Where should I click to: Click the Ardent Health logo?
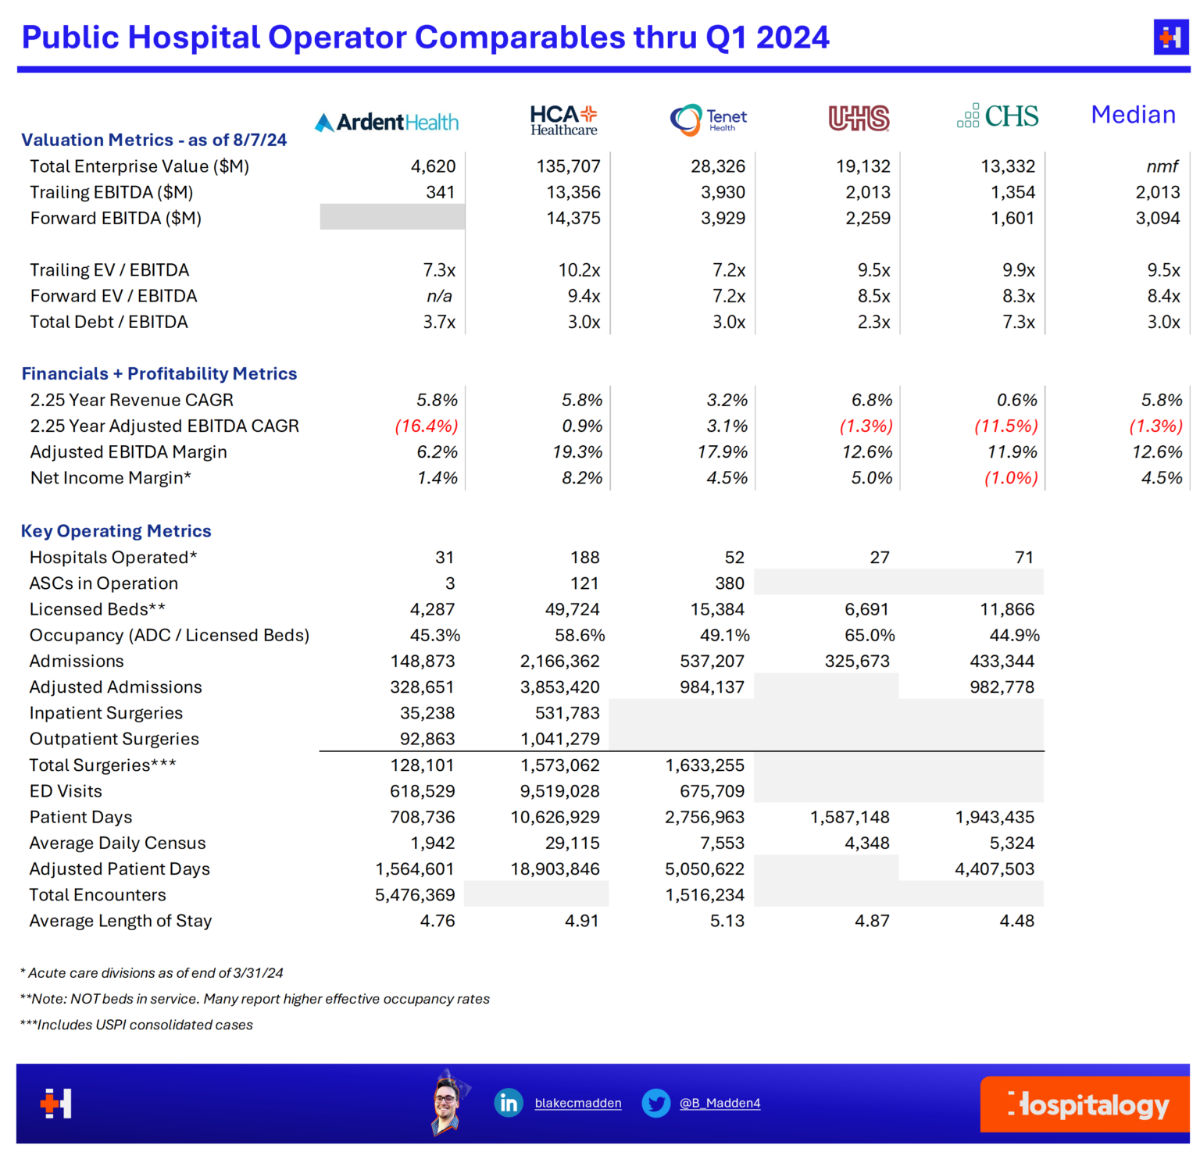(x=387, y=122)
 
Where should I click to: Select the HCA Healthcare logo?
(x=563, y=120)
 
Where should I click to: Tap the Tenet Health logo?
(x=708, y=119)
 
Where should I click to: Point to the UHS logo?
(x=859, y=118)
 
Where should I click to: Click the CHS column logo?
(x=998, y=116)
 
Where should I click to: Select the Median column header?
(x=1133, y=115)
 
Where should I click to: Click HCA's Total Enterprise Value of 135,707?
(x=568, y=166)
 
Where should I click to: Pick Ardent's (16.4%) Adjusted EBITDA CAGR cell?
(x=426, y=426)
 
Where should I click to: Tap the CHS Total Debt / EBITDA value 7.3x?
(x=1019, y=322)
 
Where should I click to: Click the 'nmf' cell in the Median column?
(x=1162, y=166)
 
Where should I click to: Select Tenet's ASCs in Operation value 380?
(x=729, y=583)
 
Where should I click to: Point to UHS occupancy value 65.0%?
(x=870, y=635)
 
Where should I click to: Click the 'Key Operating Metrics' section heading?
(x=116, y=531)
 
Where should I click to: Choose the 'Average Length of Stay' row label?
(x=120, y=921)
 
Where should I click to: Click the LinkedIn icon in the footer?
(x=509, y=1103)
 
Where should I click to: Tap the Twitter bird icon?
(x=655, y=1103)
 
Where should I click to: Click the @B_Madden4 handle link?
(x=720, y=1104)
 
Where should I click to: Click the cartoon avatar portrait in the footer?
(x=448, y=1102)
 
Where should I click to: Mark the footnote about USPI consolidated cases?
(x=137, y=1025)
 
